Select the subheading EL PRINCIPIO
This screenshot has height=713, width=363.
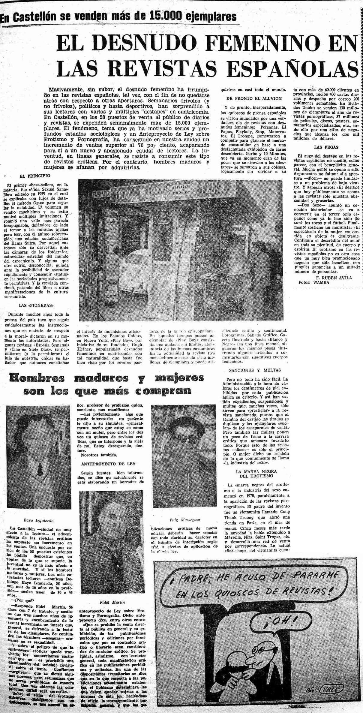pyautogui.click(x=35, y=176)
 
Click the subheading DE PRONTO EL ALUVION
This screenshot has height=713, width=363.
pyautogui.click(x=254, y=98)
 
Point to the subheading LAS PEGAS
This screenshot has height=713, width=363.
pyautogui.click(x=322, y=147)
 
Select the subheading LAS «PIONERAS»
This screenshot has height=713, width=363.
pyautogui.click(x=36, y=305)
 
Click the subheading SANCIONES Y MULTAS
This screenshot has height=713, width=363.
pyautogui.click(x=254, y=370)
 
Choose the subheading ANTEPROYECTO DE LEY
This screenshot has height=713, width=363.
pyautogui.click(x=108, y=464)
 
